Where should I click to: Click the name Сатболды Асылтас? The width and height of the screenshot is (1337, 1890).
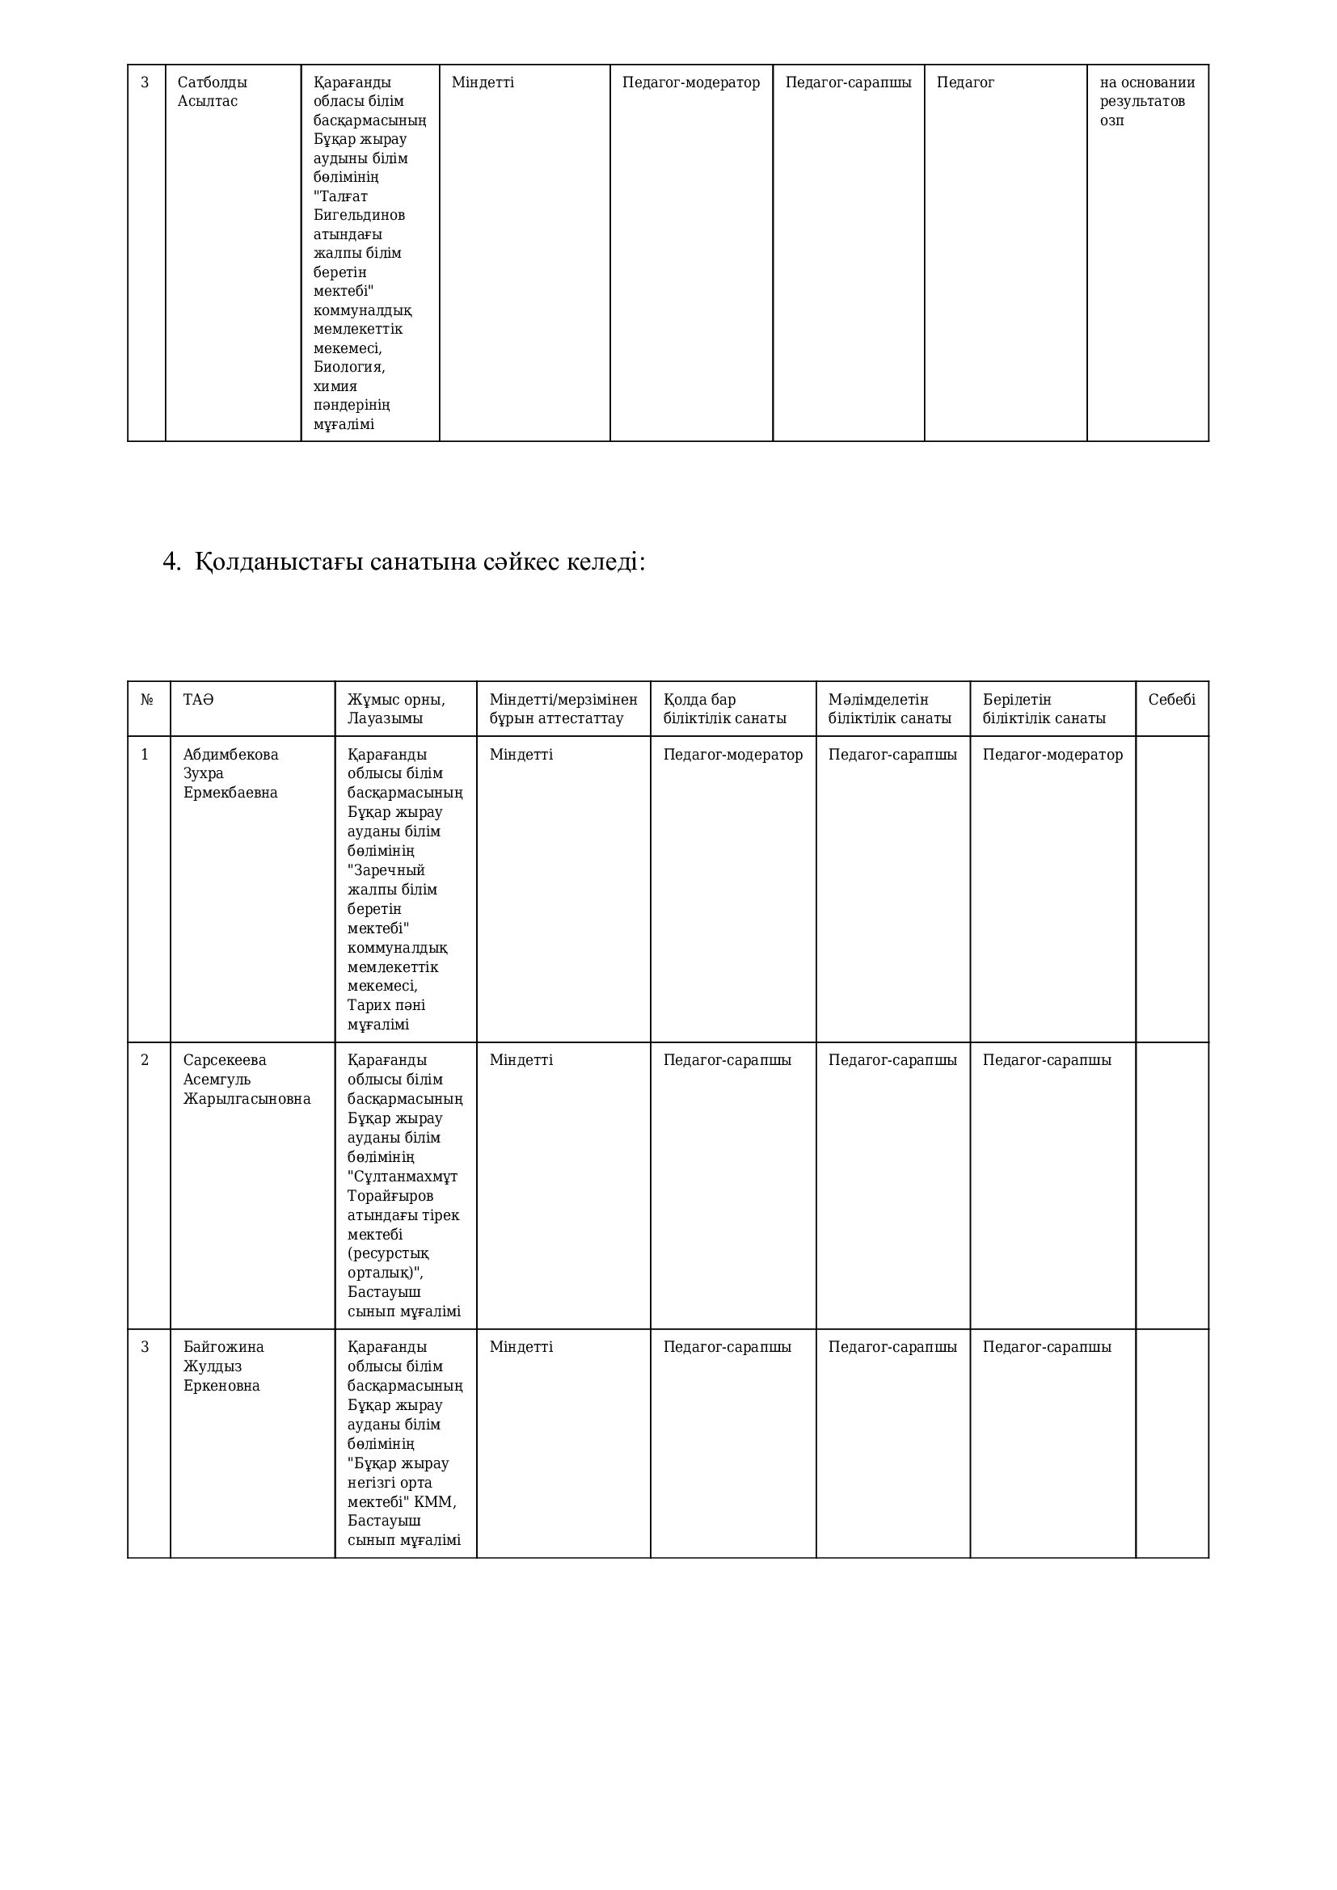[x=212, y=91]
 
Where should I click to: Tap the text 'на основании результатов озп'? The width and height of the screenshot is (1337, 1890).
[x=1147, y=101]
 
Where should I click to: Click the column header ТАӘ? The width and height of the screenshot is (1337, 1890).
[x=197, y=700]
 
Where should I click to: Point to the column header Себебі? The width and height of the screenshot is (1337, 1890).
[x=1171, y=700]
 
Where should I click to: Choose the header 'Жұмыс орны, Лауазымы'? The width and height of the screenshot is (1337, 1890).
[x=396, y=709]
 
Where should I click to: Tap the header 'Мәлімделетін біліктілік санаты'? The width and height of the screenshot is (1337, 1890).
[x=889, y=709]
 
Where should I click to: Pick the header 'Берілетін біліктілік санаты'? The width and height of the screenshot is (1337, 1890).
[x=1043, y=709]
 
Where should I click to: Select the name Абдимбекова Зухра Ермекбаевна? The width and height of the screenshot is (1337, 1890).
[x=230, y=774]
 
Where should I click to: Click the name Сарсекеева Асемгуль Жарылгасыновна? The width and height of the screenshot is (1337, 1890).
[x=247, y=1080]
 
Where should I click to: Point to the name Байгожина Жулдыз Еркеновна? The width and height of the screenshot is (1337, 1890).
[x=223, y=1366]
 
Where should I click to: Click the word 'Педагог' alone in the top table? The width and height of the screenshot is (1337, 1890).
[x=965, y=82]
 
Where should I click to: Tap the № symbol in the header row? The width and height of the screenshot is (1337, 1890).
[x=146, y=700]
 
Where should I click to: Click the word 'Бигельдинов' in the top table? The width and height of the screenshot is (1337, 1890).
[x=359, y=215]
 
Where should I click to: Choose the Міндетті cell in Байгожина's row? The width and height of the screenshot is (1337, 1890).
[x=521, y=1347]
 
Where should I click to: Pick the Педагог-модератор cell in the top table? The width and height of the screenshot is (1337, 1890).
[x=690, y=82]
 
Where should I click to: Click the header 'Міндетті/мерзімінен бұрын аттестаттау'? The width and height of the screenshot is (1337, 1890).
[x=563, y=709]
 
